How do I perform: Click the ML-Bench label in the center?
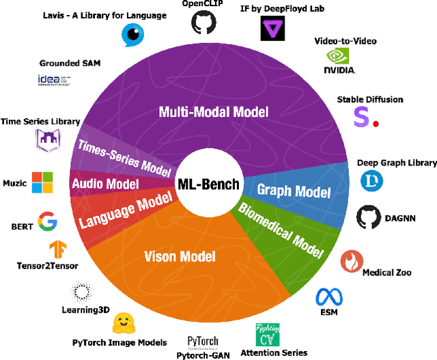click(208, 184)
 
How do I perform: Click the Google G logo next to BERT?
click(47, 221)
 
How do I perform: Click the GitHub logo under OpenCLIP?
click(201, 24)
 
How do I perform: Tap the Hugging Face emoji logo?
click(124, 323)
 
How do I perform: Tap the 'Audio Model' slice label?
click(105, 183)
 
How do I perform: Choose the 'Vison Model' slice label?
click(180, 257)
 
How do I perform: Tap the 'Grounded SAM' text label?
click(70, 64)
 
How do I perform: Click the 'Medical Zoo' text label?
click(386, 273)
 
